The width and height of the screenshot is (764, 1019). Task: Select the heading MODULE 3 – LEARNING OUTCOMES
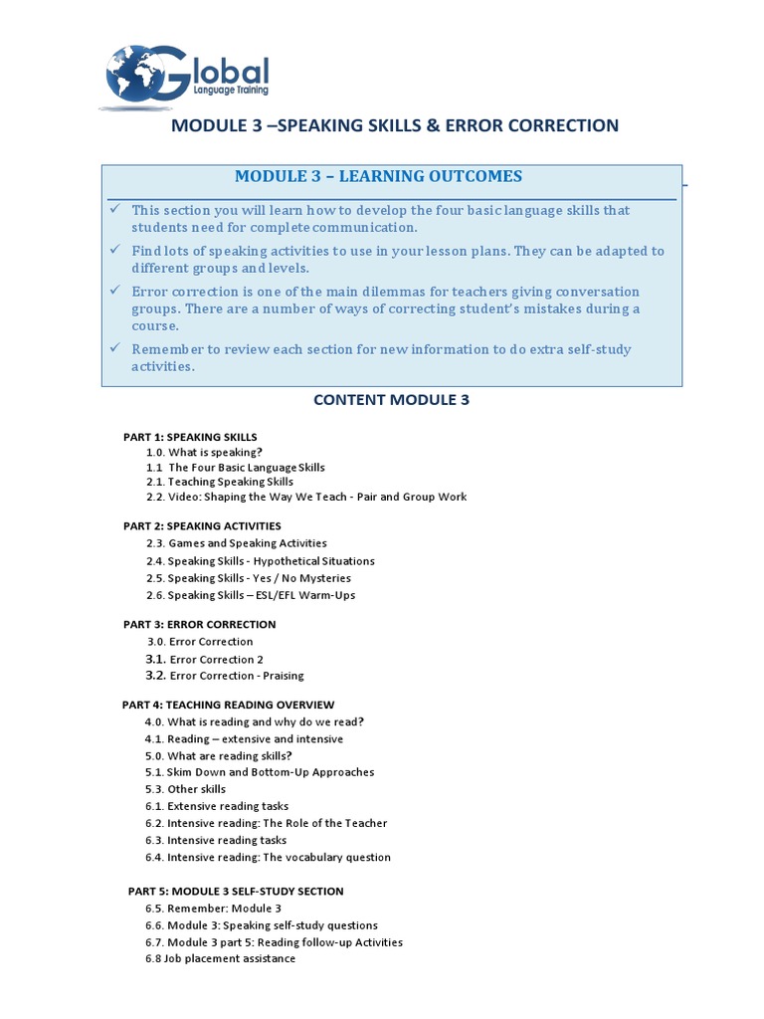[378, 176]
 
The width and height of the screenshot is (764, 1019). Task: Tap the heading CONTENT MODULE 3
[391, 400]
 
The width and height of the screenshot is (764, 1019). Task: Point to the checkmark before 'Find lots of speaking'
[115, 251]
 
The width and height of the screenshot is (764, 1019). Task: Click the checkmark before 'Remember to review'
[115, 349]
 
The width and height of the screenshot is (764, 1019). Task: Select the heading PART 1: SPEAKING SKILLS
[190, 437]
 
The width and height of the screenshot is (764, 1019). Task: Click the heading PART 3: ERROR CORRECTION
[199, 624]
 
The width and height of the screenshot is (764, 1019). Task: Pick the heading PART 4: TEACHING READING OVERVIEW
[228, 705]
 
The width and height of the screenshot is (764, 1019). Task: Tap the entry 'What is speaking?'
[215, 452]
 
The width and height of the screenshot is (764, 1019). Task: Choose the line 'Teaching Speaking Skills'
[230, 482]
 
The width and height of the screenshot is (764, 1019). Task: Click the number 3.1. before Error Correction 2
[154, 659]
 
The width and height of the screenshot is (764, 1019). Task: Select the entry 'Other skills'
[196, 789]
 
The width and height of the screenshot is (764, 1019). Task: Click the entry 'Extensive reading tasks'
[228, 806]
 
